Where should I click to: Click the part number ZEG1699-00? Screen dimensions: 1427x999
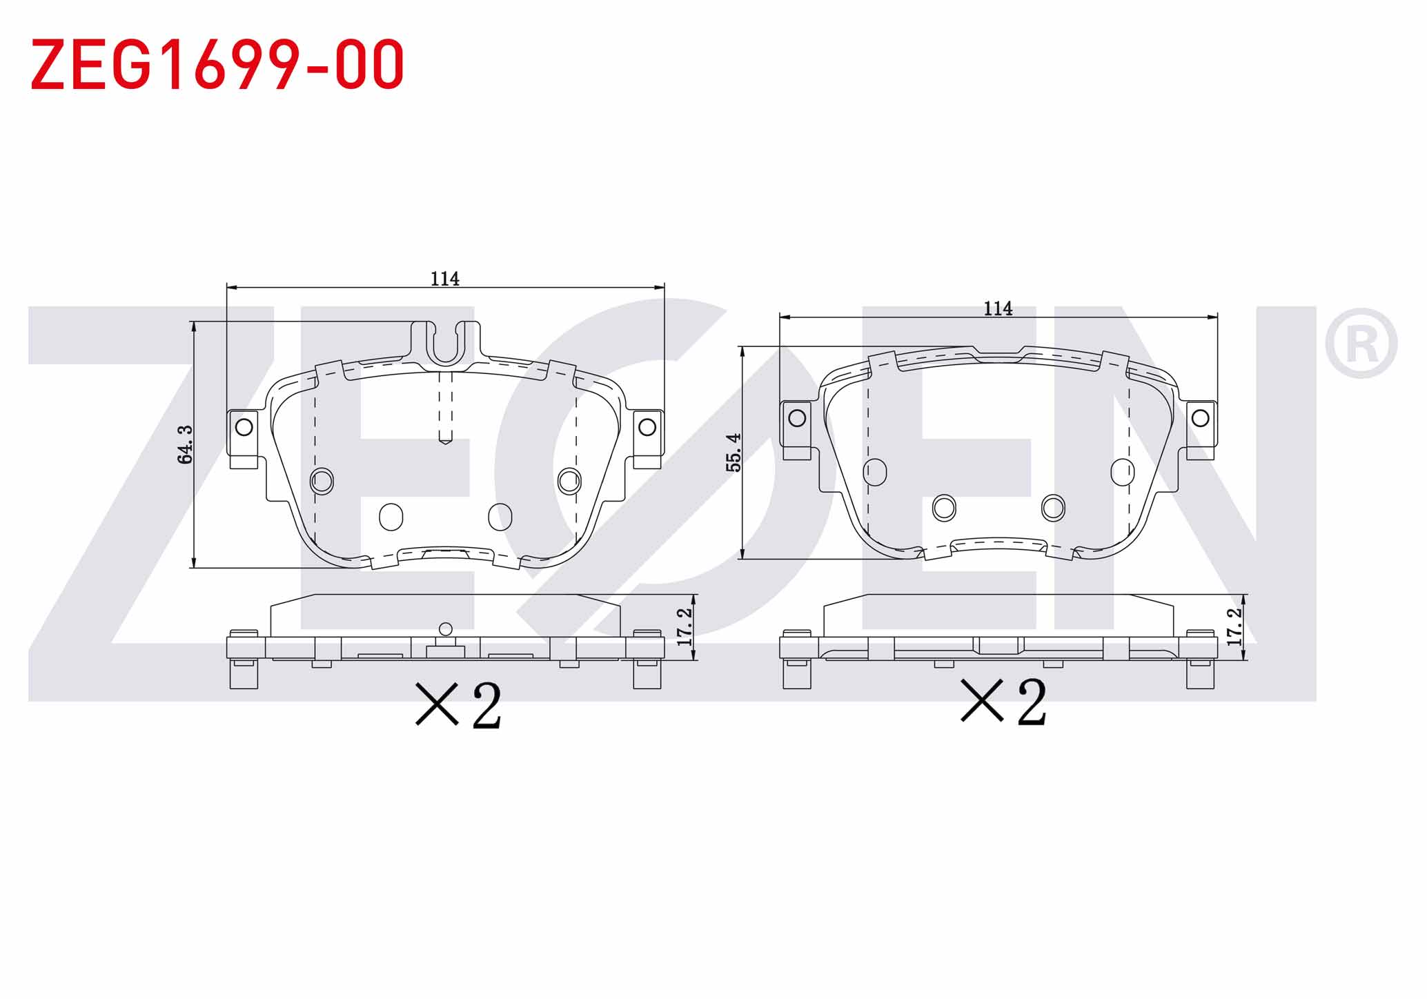coord(217,64)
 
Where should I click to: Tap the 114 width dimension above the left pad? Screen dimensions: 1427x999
coord(445,279)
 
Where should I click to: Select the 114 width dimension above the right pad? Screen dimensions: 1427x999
coord(998,308)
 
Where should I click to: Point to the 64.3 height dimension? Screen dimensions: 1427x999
coord(185,444)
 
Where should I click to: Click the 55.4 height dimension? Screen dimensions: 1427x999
coord(734,453)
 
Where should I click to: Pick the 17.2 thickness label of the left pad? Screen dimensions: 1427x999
coord(685,626)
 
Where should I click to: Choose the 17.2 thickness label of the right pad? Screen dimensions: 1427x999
coord(1235,626)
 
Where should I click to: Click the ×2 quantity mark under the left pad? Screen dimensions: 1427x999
coord(458,705)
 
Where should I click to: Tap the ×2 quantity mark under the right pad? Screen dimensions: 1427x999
coord(1004,702)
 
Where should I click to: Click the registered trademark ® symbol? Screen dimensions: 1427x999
coord(1361,343)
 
